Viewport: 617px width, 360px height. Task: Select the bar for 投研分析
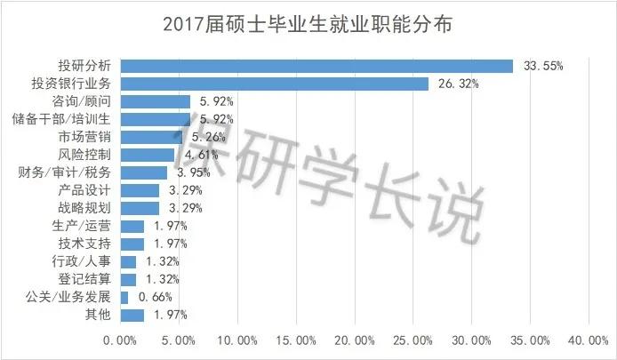(317, 66)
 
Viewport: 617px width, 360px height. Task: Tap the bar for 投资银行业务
(274, 84)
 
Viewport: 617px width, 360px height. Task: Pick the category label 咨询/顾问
(84, 101)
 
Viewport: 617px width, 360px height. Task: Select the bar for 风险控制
(148, 155)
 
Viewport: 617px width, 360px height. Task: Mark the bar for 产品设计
(140, 190)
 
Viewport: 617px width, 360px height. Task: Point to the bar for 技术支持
(132, 244)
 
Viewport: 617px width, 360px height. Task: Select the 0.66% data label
(153, 298)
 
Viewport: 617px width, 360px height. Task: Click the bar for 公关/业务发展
(124, 297)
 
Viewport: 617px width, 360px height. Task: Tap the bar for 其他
(132, 315)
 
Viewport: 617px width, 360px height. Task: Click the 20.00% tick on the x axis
(356, 340)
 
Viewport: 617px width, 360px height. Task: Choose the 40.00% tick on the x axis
(589, 340)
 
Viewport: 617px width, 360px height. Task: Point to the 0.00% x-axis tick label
(120, 340)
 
